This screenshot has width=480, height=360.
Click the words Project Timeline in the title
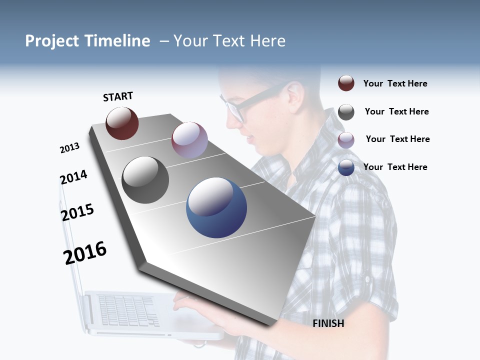tap(87, 41)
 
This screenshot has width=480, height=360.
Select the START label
tap(118, 96)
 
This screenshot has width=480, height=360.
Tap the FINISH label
tap(328, 323)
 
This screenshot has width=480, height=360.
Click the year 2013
tap(69, 148)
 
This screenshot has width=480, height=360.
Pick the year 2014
tap(73, 177)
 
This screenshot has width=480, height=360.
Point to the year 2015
tap(77, 212)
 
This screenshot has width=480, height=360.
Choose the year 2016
tap(85, 252)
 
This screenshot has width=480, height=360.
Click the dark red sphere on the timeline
tap(122, 123)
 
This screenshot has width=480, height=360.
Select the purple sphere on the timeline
tap(189, 140)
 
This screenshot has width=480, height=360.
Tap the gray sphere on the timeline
tap(145, 180)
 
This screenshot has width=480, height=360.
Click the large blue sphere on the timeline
tap(216, 207)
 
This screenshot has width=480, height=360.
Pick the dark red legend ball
tap(346, 83)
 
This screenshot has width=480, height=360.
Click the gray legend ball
tap(346, 112)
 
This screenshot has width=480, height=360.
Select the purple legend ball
tap(346, 140)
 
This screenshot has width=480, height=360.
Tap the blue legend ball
tap(346, 167)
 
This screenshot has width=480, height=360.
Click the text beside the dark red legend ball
tap(395, 83)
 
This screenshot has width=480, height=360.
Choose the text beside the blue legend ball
tap(395, 167)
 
